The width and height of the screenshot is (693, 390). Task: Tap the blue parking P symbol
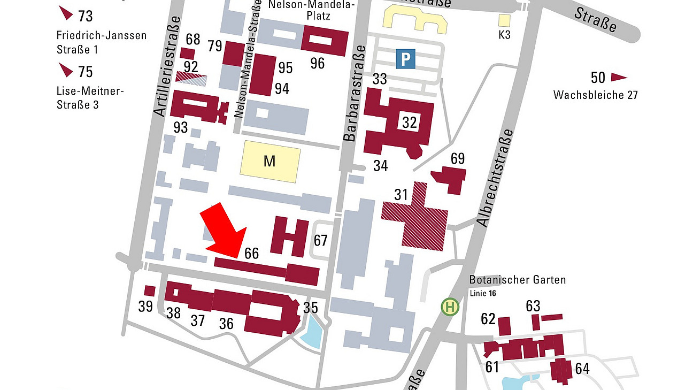point(405,58)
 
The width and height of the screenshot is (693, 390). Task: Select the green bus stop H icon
point(450,307)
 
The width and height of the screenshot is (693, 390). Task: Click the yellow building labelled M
point(269,160)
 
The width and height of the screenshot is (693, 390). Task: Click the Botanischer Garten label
point(517,280)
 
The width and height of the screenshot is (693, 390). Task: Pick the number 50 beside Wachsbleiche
point(598,78)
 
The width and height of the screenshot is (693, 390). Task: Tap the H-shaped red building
point(289,236)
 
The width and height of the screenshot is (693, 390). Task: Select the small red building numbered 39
point(150,291)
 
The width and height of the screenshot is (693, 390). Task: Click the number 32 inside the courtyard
point(410,123)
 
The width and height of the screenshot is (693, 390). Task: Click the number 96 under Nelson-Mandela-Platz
point(318,64)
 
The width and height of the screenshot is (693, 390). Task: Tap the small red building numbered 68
point(187,53)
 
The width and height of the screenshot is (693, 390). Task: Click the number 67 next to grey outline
point(320,241)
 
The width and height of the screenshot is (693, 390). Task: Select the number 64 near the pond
point(582,369)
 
